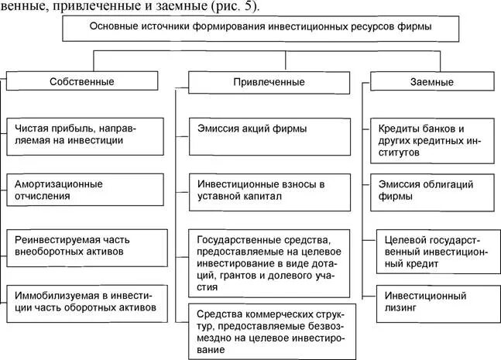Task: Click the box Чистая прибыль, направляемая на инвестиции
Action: [x=87, y=135]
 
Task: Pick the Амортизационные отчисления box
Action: [x=87, y=190]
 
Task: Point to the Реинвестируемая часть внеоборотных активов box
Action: [x=87, y=245]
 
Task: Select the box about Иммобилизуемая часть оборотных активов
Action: [x=87, y=300]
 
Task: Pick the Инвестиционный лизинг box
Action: [x=435, y=300]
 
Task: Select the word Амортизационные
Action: [x=59, y=183]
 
